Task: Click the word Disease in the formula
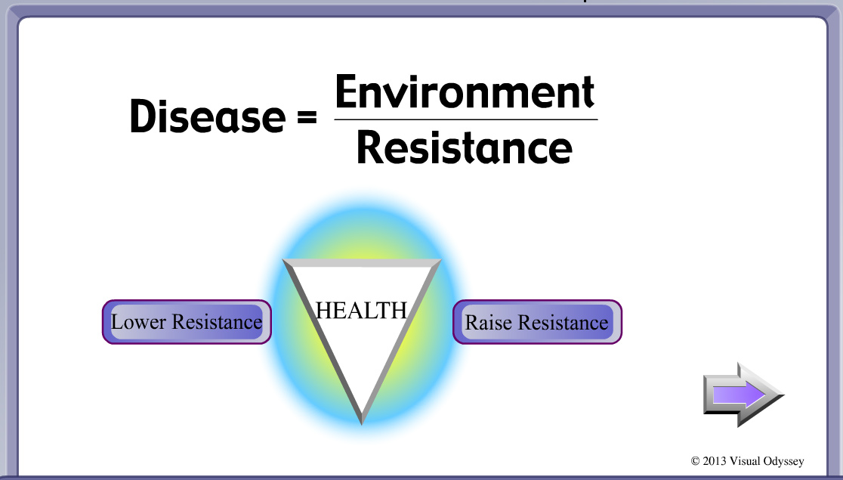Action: point(208,116)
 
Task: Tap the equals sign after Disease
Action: point(307,116)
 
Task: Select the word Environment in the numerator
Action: point(465,91)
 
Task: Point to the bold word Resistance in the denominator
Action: point(465,147)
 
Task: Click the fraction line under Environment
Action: point(465,119)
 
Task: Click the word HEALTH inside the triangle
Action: point(361,311)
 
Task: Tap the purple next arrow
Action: point(743,395)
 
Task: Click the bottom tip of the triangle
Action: point(362,423)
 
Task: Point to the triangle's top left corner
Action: point(283,260)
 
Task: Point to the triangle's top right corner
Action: point(440,261)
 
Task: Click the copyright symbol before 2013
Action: point(695,461)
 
